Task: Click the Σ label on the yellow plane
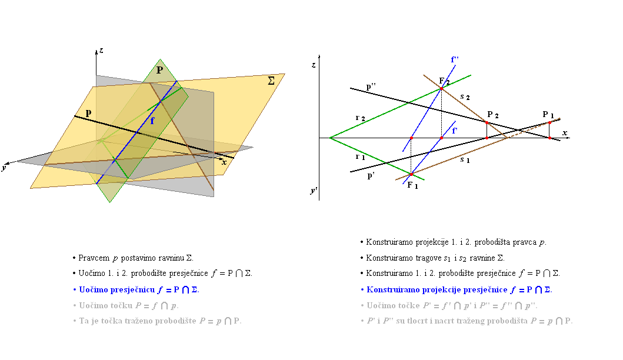(271, 81)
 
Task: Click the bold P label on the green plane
(160, 70)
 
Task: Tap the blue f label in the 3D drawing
(152, 121)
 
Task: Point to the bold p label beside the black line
(88, 114)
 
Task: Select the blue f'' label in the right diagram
(455, 59)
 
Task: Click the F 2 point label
(444, 81)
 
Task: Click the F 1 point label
(412, 185)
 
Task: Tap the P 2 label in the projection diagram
(492, 115)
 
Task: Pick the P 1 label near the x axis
(548, 115)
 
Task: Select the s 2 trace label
(465, 96)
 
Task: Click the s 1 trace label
(465, 160)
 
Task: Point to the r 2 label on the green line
(360, 118)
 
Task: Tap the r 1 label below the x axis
(360, 157)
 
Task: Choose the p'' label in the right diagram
(371, 87)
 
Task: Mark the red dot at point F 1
(411, 175)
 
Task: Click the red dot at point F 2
(441, 89)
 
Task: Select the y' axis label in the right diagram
(314, 191)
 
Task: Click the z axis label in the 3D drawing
(101, 51)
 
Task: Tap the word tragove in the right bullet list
(428, 258)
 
